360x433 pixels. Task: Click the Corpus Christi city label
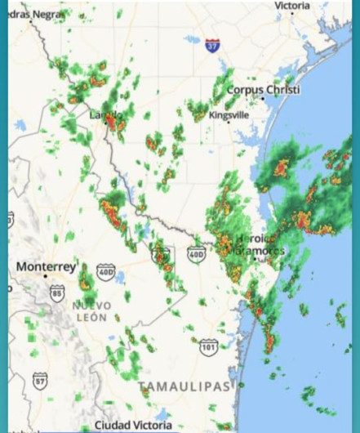(x=262, y=90)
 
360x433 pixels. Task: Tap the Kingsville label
(x=229, y=115)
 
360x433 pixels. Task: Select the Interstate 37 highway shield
(x=212, y=46)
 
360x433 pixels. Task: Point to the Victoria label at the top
(x=291, y=6)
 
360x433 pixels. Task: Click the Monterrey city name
(x=46, y=267)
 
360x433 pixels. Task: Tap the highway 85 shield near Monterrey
(x=56, y=293)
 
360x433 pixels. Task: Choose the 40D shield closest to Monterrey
(x=106, y=272)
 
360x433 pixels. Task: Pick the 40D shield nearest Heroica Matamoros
(x=197, y=255)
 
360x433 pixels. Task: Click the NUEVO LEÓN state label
(x=91, y=311)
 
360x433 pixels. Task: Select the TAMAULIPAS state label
(x=184, y=386)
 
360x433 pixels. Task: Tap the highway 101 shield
(x=209, y=347)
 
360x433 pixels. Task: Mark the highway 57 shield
(x=40, y=380)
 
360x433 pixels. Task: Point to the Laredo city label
(x=105, y=115)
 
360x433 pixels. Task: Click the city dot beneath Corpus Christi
(x=263, y=99)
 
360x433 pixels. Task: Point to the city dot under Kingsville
(x=229, y=124)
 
